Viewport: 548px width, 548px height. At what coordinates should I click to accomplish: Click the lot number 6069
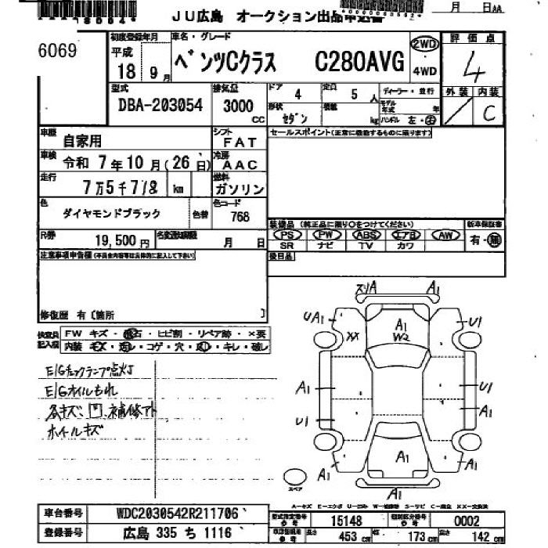[x=57, y=51]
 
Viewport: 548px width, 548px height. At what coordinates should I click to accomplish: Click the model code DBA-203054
[x=160, y=105]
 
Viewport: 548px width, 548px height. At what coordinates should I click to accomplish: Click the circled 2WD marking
[x=424, y=44]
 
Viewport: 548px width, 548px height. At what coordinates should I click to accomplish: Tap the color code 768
[x=240, y=216]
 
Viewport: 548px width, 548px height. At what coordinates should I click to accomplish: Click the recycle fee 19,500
[x=117, y=242]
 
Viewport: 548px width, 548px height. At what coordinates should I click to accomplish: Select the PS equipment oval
[x=288, y=235]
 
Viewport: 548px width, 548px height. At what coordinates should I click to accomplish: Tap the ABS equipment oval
[x=365, y=235]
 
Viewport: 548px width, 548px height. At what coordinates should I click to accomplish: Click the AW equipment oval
[x=446, y=235]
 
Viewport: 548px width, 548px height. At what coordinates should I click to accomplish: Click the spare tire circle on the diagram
[x=295, y=477]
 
